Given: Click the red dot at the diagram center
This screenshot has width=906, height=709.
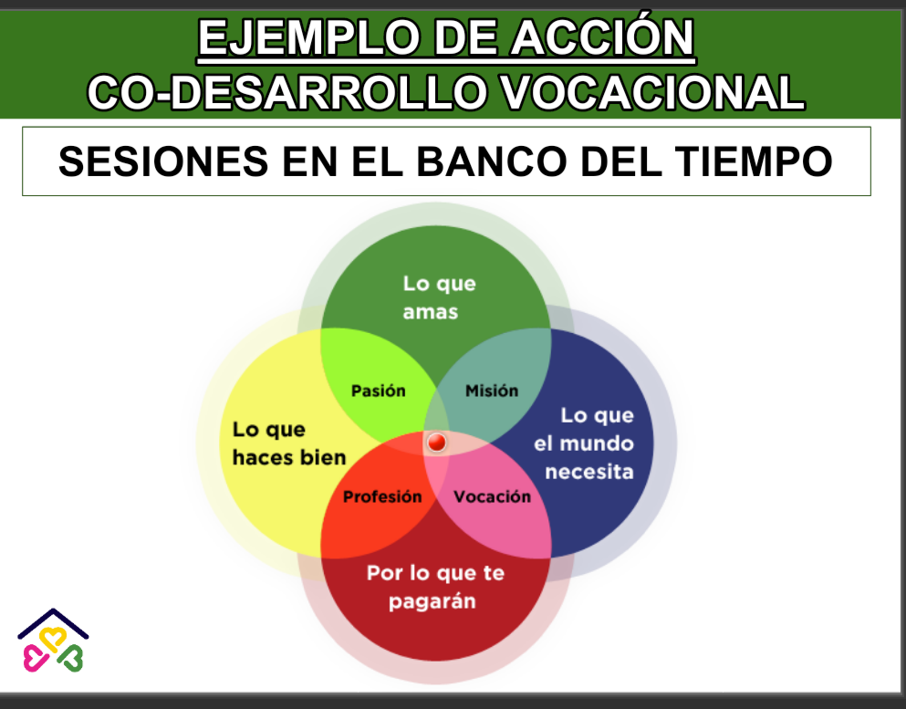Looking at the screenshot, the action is click(x=437, y=443).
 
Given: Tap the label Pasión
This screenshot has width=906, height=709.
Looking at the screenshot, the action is click(x=379, y=391).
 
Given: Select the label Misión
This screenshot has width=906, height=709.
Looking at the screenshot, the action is click(x=492, y=391).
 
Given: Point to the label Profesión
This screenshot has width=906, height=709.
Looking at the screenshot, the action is click(x=382, y=497).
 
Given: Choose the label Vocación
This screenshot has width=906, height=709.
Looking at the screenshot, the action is click(x=493, y=497).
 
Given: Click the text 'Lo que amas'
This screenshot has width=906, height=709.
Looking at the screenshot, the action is click(x=439, y=298).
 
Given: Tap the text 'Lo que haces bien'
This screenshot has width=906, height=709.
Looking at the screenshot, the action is click(x=289, y=443).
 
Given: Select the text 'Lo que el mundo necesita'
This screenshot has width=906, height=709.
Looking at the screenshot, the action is click(x=584, y=443).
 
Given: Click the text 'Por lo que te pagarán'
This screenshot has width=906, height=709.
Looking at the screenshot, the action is click(x=436, y=588).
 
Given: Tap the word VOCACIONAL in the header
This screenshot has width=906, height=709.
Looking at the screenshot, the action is click(x=651, y=92).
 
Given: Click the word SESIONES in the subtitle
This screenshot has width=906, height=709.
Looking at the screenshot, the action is click(x=163, y=162).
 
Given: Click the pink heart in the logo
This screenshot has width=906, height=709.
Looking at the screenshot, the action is click(x=36, y=658).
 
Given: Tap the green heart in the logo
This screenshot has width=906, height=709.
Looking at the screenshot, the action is click(x=71, y=658).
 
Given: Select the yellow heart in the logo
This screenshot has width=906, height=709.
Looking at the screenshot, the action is click(x=53, y=640).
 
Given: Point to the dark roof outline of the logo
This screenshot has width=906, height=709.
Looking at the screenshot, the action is click(x=53, y=610).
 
